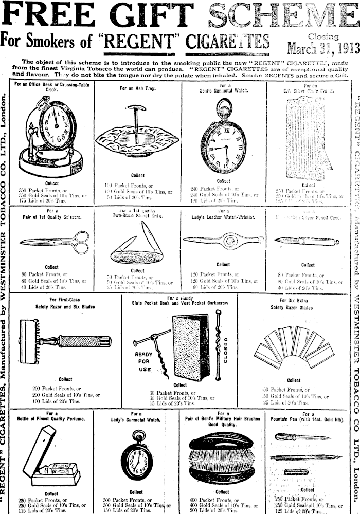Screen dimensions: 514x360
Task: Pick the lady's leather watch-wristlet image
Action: tap(223, 240)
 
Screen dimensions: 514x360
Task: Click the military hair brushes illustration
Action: tap(223, 460)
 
